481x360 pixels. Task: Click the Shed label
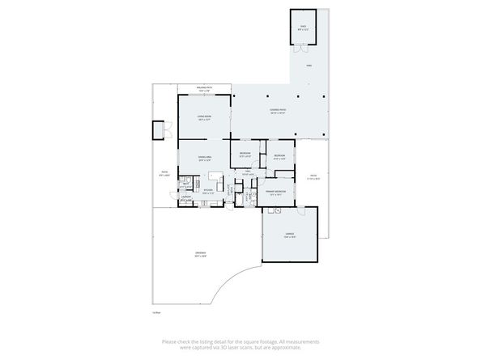304,28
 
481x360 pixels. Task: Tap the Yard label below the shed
309,66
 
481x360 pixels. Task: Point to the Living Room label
203,118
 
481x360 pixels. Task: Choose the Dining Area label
205,158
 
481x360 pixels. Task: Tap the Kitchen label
208,192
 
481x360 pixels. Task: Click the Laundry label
185,197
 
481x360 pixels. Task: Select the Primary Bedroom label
275,193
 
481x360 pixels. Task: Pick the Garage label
289,235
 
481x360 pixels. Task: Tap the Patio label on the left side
164,172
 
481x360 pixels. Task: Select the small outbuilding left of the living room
157,129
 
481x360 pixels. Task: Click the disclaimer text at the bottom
240,345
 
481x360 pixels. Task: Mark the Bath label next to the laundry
185,185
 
